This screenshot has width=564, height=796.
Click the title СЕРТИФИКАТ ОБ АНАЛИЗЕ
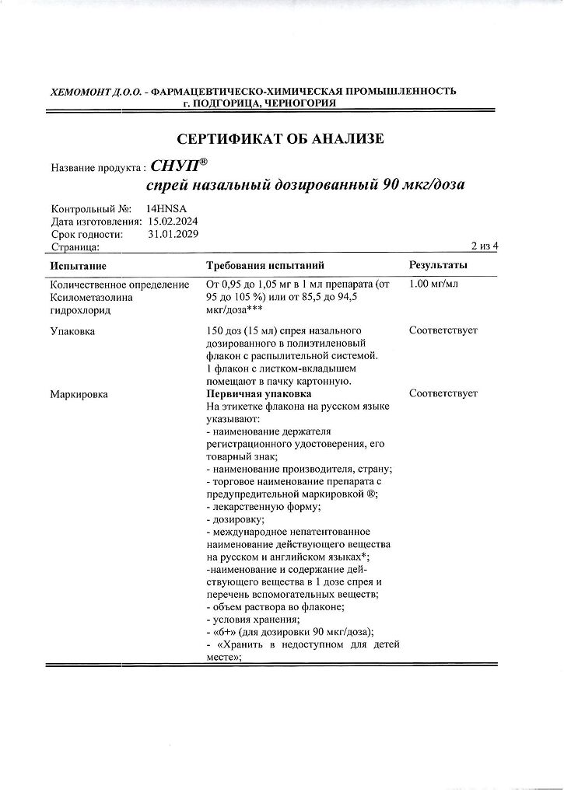pyautogui.click(x=281, y=140)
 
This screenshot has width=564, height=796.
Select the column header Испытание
pyautogui.click(x=78, y=267)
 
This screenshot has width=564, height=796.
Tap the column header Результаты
pyautogui.click(x=438, y=267)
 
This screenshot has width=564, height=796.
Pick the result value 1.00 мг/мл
pyautogui.click(x=433, y=284)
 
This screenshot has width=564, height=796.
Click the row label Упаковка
pyautogui.click(x=72, y=330)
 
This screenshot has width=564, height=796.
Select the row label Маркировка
pyautogui.click(x=79, y=394)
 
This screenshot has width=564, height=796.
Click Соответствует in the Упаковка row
pyautogui.click(x=443, y=330)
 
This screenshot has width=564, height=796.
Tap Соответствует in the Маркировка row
pyautogui.click(x=443, y=394)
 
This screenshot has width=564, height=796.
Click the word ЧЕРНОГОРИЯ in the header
pyautogui.click(x=300, y=103)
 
